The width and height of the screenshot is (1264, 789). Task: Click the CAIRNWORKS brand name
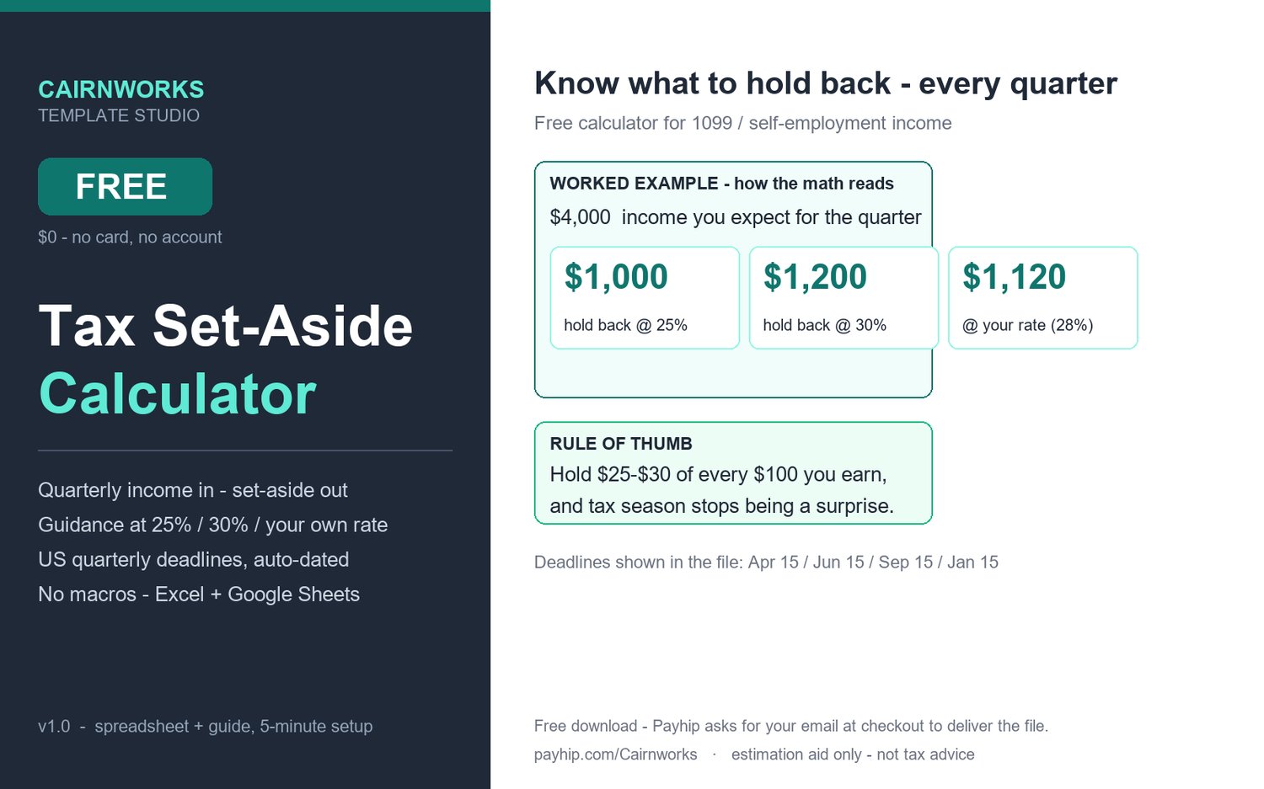tap(121, 89)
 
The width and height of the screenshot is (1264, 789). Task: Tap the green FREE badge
tap(126, 187)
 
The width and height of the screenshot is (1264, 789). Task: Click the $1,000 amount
tap(616, 277)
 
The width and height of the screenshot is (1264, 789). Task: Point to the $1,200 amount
tap(815, 277)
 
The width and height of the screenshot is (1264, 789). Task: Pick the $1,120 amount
tap(1014, 277)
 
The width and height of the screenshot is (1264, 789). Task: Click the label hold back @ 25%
tap(626, 325)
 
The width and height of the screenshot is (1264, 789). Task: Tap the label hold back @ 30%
tap(824, 325)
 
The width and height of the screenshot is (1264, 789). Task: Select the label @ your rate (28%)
tap(1027, 325)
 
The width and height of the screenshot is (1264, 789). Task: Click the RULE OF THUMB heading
tap(621, 444)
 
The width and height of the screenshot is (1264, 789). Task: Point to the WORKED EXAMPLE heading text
tap(634, 184)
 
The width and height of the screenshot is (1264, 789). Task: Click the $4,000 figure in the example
tap(580, 217)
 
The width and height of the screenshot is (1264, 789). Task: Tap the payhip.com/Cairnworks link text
tap(616, 754)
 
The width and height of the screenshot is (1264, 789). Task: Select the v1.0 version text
tap(54, 727)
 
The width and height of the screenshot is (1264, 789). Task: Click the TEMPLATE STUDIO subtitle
tap(119, 115)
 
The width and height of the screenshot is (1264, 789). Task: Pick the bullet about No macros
tap(199, 594)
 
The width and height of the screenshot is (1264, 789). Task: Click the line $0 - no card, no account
tap(130, 237)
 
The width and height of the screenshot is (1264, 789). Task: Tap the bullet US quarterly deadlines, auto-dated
tap(194, 560)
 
